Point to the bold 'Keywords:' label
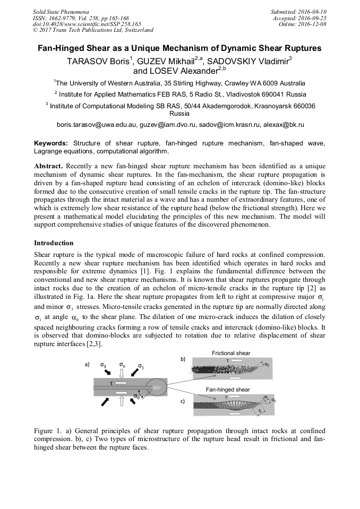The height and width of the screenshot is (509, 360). click(51, 143)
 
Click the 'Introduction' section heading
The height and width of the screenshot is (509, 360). click(54, 243)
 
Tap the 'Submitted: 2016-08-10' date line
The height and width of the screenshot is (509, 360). click(298, 11)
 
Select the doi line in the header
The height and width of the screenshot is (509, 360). click(87, 23)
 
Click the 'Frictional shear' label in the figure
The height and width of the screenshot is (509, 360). click(231, 353)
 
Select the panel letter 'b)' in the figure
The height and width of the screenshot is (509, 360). click(183, 360)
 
